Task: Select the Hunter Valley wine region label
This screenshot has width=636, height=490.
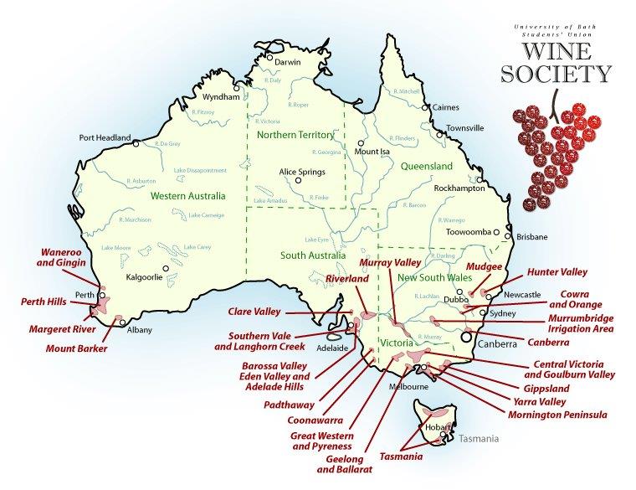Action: click(x=556, y=272)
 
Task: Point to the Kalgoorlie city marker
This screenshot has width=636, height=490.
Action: click(x=167, y=269)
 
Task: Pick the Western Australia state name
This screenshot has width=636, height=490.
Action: click(x=188, y=196)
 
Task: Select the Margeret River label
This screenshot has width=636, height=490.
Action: click(x=61, y=330)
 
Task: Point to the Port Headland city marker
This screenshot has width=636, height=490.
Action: click(x=136, y=143)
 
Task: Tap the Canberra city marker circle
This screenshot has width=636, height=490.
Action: click(x=465, y=336)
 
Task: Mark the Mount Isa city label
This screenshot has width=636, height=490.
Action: click(x=373, y=152)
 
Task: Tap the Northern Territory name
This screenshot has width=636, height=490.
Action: click(x=295, y=135)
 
